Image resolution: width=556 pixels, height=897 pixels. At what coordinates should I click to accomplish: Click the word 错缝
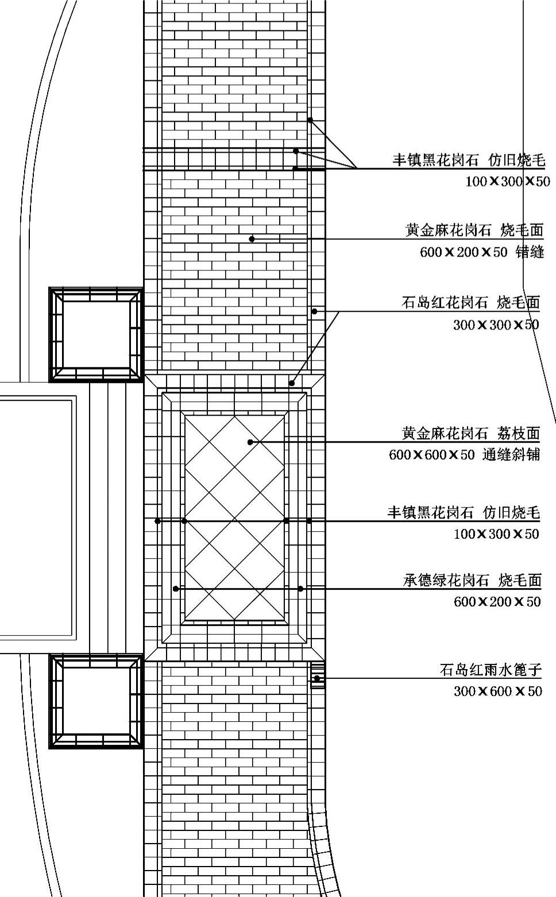click(530, 252)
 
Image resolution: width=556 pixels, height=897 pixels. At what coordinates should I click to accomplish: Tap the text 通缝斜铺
click(511, 455)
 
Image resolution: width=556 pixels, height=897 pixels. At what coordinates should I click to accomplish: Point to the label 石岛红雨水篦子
click(490, 670)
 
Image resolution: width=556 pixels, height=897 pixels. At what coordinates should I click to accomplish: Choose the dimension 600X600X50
click(432, 455)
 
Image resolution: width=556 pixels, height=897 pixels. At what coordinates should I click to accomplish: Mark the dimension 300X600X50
click(497, 691)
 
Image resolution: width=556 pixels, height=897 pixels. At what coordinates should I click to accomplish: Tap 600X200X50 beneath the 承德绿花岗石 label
click(497, 602)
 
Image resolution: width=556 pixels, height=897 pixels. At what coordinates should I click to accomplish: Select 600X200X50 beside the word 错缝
click(464, 252)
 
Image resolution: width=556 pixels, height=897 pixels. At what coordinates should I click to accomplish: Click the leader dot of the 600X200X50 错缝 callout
click(252, 238)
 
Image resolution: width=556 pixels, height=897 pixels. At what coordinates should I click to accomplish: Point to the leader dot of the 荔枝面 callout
click(250, 442)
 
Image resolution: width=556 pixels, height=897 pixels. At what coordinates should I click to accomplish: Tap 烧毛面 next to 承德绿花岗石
click(520, 581)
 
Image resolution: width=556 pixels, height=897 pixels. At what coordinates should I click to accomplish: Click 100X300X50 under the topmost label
click(507, 181)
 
